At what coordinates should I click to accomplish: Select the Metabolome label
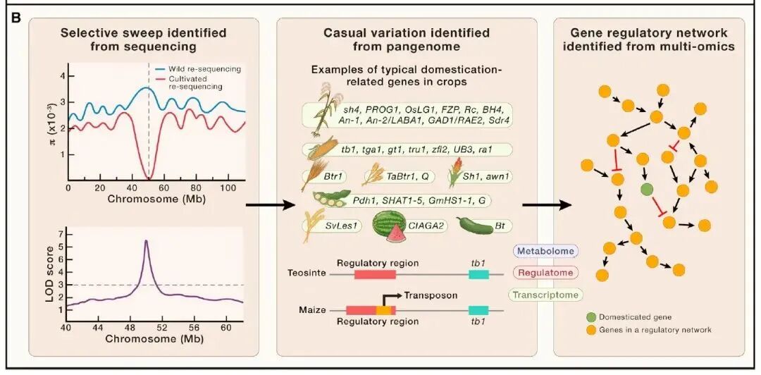coord(544,251)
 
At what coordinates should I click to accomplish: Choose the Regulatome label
coord(544,273)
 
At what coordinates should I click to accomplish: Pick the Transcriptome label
coord(546,295)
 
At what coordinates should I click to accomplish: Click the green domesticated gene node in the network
coord(646,189)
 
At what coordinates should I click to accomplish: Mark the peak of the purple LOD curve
coord(146,241)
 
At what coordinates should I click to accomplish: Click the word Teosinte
coord(307,273)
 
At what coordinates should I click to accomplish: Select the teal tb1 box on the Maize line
coord(479,310)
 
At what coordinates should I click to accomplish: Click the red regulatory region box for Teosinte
coord(374,273)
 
